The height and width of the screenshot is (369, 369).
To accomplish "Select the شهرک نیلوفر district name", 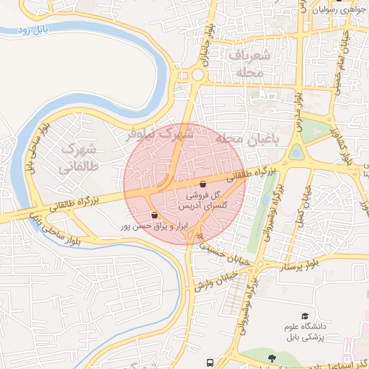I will click(x=160, y=134).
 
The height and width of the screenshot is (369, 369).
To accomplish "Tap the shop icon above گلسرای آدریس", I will click(x=203, y=184).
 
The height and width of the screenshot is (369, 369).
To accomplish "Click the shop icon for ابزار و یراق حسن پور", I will click(x=155, y=215).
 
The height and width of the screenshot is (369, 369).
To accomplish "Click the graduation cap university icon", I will click(x=306, y=316).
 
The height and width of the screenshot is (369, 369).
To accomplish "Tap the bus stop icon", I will click(x=210, y=363).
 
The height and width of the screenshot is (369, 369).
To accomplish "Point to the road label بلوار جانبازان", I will click(x=208, y=48).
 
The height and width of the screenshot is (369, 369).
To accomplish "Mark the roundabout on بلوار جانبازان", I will click(x=196, y=75).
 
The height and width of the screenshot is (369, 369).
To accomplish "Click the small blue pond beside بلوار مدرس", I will click(x=296, y=152).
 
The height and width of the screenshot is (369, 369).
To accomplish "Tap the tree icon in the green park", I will click(x=272, y=358).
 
